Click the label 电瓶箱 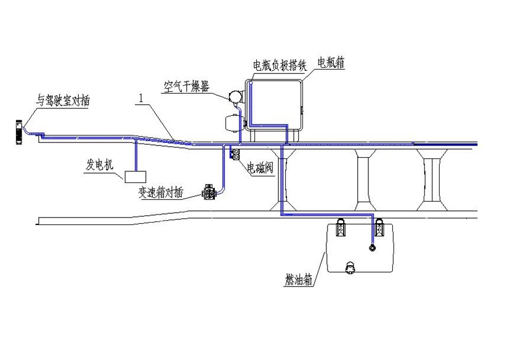point(331,62)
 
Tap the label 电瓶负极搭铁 point(280,65)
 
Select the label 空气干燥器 point(187,87)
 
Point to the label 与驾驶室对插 point(63,100)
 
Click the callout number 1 point(141,98)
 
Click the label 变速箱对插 point(161,192)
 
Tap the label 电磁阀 point(260,168)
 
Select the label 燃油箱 point(299,280)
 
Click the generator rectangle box point(135,177)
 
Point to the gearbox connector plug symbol point(209,192)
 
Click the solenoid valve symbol point(235,155)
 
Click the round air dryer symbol point(235,96)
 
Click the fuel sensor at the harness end point(372,248)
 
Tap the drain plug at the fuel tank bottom point(350,268)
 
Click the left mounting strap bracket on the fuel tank point(341,227)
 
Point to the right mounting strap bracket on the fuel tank point(379,227)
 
